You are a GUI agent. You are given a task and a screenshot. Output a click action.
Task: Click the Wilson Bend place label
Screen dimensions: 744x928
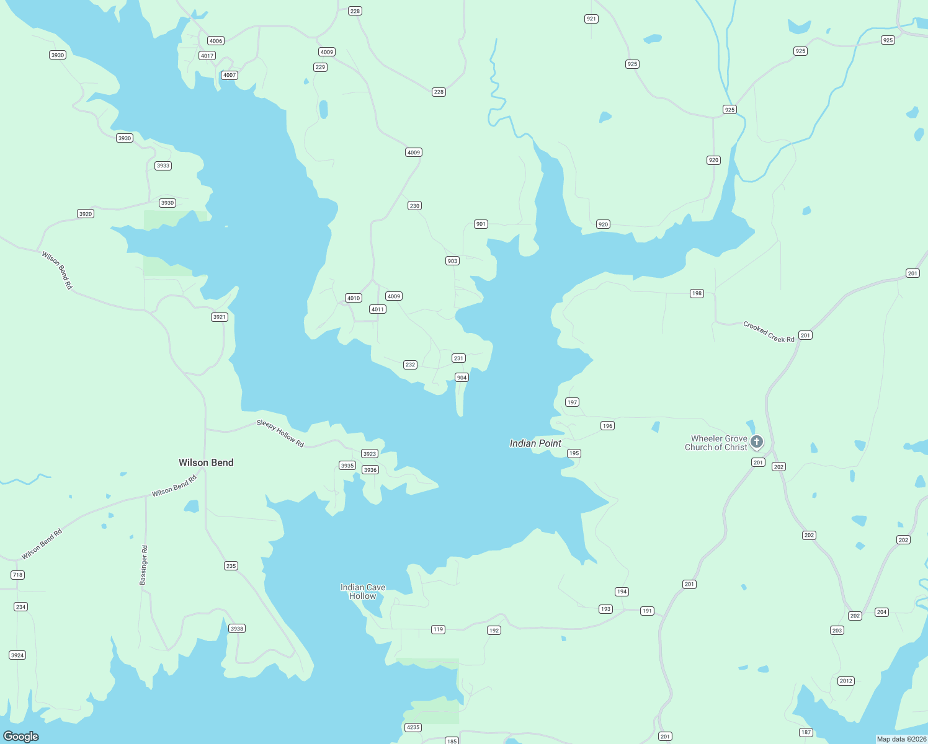(206, 463)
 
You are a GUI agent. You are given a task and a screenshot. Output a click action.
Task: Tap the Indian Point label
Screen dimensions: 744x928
(535, 443)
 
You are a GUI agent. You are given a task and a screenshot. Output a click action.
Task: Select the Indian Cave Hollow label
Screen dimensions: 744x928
(363, 591)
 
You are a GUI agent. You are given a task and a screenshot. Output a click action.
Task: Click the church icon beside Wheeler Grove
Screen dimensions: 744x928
(756, 441)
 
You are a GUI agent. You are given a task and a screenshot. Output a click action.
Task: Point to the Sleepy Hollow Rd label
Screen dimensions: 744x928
(280, 433)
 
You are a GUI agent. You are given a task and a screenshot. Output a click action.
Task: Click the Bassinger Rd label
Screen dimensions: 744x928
(144, 565)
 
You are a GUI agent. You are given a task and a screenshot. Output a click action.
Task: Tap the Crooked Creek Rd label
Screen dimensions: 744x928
(769, 332)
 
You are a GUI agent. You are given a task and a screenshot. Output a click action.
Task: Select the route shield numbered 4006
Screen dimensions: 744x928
(216, 41)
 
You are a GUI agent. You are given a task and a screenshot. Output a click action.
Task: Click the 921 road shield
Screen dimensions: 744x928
(591, 19)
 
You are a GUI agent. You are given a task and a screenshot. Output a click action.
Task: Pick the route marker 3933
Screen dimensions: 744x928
(163, 166)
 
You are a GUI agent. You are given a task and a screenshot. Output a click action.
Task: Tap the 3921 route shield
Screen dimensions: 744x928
(220, 317)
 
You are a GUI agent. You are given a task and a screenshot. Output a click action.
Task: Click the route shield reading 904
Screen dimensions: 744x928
(462, 377)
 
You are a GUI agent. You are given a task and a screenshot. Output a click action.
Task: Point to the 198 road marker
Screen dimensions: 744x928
(697, 293)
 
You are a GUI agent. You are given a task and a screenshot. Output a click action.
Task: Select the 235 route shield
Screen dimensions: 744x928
(231, 565)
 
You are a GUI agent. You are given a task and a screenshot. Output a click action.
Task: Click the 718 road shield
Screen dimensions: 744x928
(17, 575)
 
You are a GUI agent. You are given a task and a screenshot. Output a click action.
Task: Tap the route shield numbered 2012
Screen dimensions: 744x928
(846, 681)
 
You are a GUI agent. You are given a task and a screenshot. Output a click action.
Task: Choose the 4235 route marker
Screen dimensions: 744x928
(413, 727)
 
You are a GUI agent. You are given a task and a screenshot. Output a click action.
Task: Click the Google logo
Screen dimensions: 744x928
(21, 737)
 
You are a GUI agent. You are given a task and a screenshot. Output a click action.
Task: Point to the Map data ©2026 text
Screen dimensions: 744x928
(901, 739)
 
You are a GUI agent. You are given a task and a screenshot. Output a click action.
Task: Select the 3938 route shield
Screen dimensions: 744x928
(236, 628)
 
